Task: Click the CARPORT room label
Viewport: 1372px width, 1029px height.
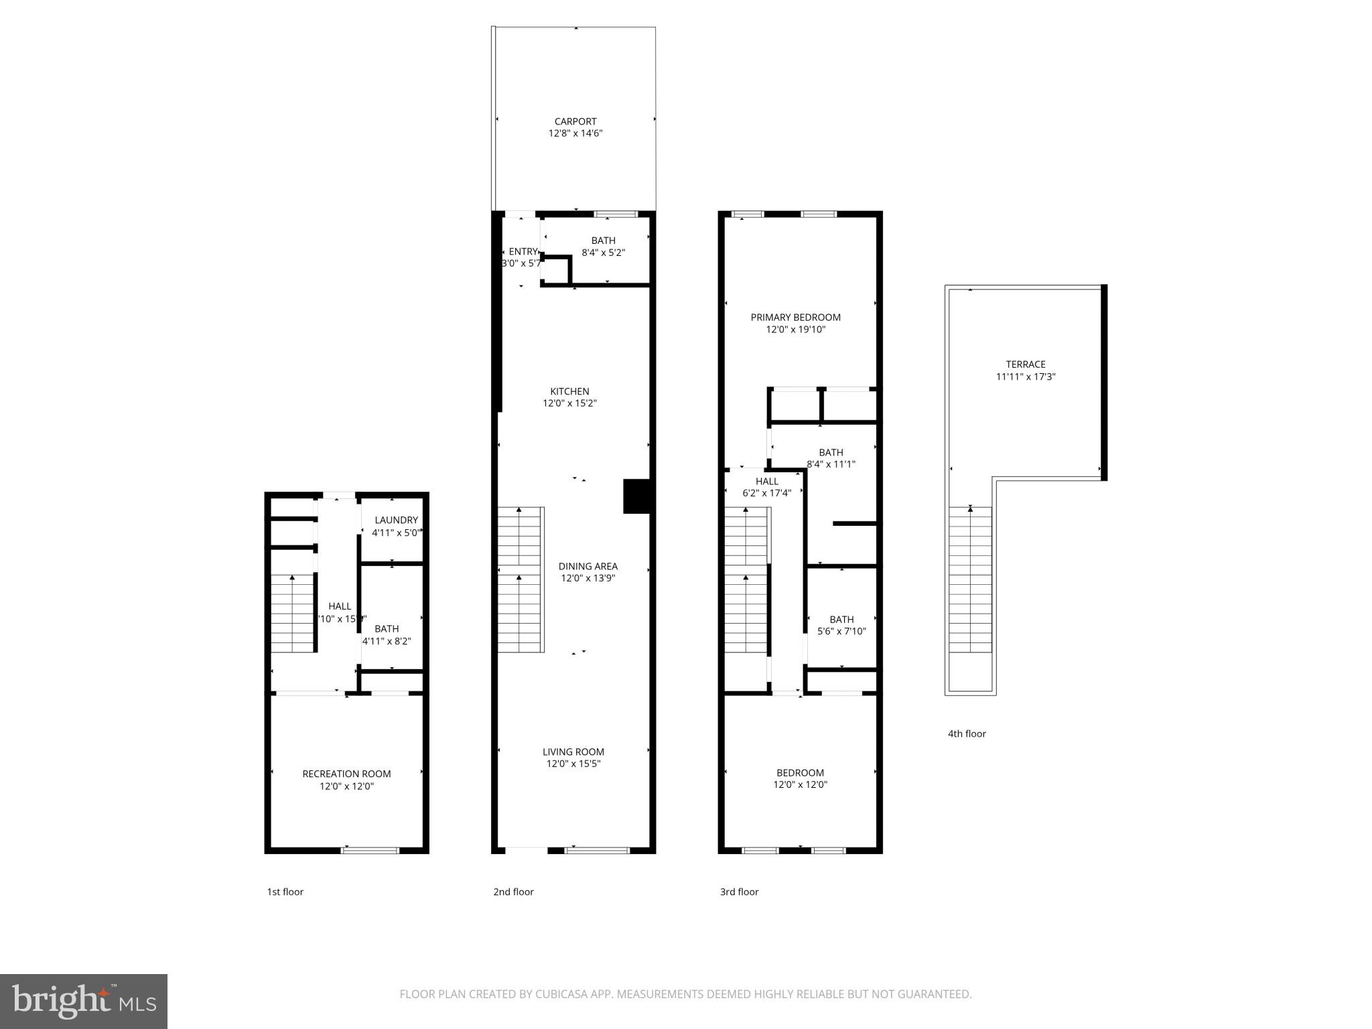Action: tap(575, 121)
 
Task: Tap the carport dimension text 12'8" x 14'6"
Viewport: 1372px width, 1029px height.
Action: tap(575, 133)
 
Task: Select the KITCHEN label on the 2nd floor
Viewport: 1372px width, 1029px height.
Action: tap(569, 391)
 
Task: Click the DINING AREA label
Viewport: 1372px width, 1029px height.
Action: tap(588, 566)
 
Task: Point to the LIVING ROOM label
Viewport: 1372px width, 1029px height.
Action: tap(573, 752)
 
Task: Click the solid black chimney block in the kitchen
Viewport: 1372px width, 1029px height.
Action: tap(636, 496)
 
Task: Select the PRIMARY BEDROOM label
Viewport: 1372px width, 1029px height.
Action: tap(795, 318)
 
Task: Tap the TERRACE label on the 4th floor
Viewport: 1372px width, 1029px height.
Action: tap(1025, 364)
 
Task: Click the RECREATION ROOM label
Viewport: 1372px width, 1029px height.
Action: tap(346, 774)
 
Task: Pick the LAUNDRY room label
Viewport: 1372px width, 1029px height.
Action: tap(396, 520)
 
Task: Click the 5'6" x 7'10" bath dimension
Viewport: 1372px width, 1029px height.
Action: tap(841, 631)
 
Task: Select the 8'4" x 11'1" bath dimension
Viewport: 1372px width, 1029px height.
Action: tap(831, 464)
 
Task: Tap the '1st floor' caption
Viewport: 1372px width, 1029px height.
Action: tap(285, 892)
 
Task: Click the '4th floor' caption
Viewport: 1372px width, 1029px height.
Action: tap(967, 734)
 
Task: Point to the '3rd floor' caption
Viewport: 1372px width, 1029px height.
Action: tap(739, 892)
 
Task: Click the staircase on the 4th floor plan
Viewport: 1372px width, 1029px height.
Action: tap(969, 579)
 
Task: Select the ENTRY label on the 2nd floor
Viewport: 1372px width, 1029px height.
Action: tap(523, 252)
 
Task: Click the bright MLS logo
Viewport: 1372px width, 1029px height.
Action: tap(84, 1001)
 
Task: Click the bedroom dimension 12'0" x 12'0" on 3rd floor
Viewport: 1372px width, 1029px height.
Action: tap(800, 784)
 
